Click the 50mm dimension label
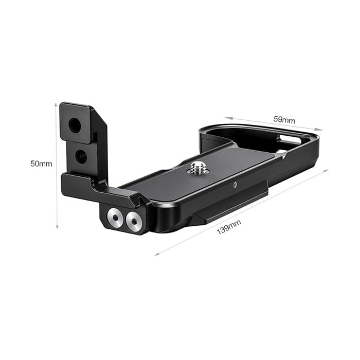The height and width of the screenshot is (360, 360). (41, 164)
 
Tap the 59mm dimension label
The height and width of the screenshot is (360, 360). (284, 120)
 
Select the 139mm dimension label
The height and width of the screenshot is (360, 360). (229, 227)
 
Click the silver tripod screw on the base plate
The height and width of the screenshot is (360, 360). (197, 167)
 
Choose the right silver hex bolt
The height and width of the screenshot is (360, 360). (134, 221)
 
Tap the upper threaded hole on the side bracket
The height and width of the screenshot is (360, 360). (75, 125)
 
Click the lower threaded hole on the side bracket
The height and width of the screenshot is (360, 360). (81, 157)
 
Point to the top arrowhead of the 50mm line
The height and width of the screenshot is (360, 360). (56, 105)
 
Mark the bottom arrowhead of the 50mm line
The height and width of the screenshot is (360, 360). (57, 227)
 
